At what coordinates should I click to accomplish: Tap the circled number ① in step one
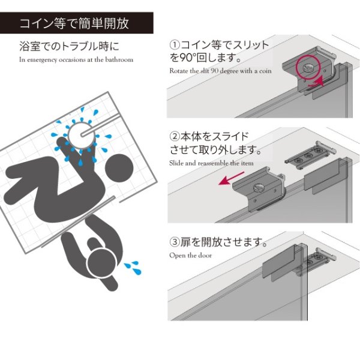(175, 45)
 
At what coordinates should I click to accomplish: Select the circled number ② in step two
(175, 136)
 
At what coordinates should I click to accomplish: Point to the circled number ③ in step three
(175, 243)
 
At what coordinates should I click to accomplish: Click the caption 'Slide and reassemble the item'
(211, 163)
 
